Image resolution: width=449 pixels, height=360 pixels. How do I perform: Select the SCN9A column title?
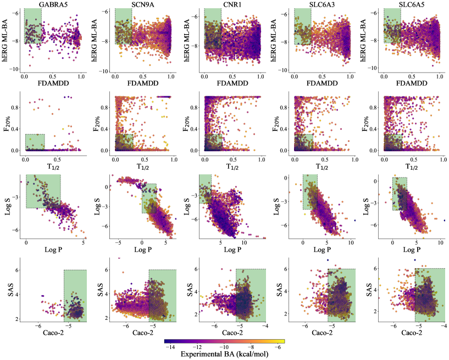(142, 5)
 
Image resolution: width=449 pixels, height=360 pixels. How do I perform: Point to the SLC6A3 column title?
(321, 5)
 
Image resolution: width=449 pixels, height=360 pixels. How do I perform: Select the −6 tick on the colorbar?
(279, 348)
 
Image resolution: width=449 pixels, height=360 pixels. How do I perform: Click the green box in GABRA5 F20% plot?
(35, 142)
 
